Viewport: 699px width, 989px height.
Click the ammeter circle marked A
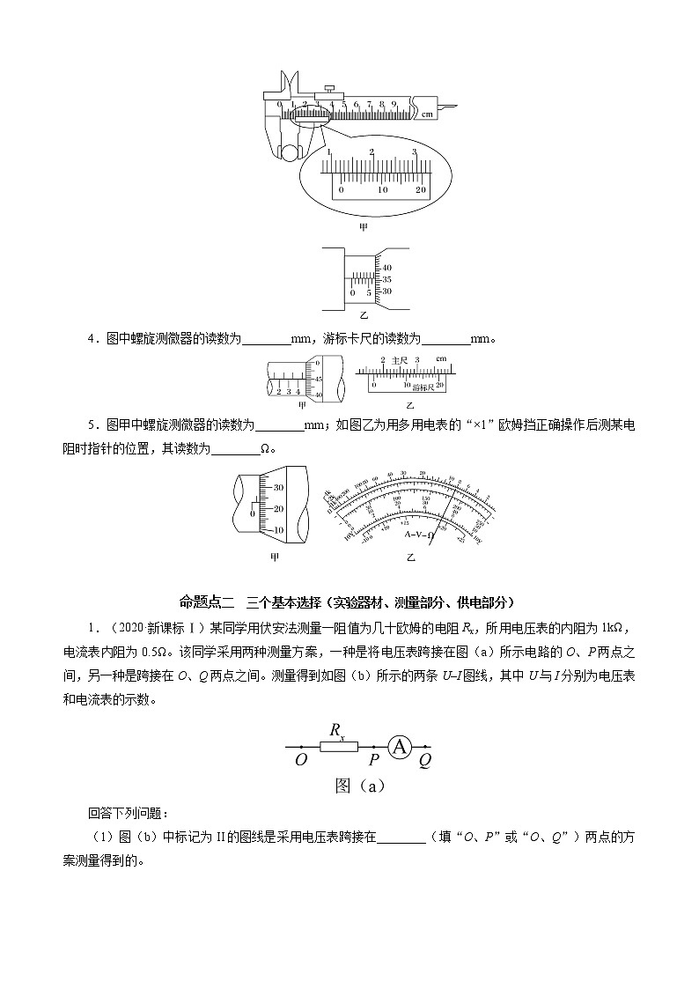tap(401, 747)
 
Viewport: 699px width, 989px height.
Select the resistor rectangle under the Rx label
tap(337, 747)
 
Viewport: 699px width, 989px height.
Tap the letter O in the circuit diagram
tap(301, 760)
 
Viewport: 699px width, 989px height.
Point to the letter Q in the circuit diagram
tap(425, 760)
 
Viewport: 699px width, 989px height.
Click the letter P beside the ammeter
tap(374, 760)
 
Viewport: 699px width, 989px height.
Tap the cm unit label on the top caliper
tap(427, 114)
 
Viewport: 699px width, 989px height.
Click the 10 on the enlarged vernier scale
tap(383, 190)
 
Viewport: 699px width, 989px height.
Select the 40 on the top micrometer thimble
tap(387, 268)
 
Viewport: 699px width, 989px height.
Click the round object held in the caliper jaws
tap(289, 151)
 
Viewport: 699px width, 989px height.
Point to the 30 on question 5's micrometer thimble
tap(278, 487)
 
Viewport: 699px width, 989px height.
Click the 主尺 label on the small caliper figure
tap(400, 360)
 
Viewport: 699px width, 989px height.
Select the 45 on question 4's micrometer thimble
tap(318, 378)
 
